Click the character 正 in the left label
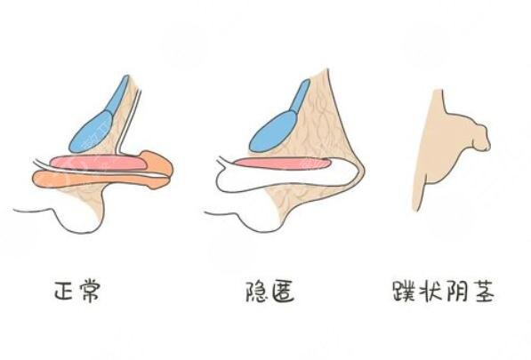point(65,290)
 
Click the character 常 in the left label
point(89,290)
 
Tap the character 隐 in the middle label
point(257,292)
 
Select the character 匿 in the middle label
point(283,292)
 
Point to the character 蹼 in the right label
point(405,291)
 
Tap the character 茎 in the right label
point(483,291)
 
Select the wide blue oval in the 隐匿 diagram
point(273,132)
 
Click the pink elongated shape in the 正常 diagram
point(99,163)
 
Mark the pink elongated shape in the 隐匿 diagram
point(283,164)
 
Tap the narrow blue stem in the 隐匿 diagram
point(300,95)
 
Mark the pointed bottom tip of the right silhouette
point(416,212)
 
